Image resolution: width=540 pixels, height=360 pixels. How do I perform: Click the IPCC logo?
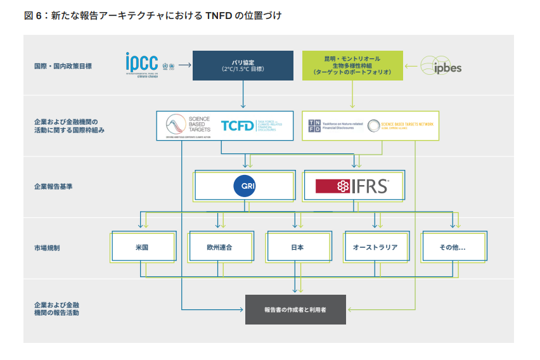(142, 63)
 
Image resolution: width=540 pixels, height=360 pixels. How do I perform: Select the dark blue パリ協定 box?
(243, 65)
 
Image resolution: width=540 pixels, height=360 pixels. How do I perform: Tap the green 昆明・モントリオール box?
(352, 65)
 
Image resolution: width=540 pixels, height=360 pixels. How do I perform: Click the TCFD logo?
(238, 125)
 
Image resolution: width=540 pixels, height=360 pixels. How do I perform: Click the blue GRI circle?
(244, 186)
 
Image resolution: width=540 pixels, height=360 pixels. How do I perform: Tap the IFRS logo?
(352, 186)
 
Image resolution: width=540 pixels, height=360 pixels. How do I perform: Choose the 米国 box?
(142, 247)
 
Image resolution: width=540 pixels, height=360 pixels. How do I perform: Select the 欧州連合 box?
(220, 247)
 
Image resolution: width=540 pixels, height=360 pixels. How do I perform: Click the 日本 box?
(295, 247)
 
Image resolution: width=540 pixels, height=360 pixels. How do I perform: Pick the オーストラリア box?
(375, 247)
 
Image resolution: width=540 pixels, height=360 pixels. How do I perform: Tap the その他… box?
(452, 247)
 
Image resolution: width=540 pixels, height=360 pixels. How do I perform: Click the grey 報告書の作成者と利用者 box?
(295, 310)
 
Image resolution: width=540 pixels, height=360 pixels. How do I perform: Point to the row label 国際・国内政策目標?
(63, 65)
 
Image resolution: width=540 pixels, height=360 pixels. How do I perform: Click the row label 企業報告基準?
(54, 187)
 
